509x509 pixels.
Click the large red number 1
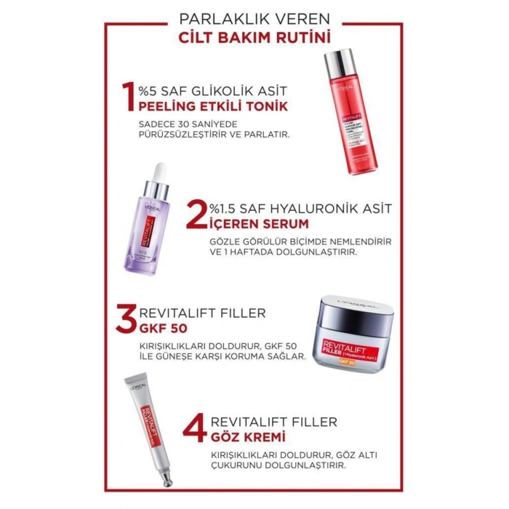point(127,99)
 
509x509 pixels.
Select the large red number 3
point(128,321)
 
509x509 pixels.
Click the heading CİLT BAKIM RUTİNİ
point(254,36)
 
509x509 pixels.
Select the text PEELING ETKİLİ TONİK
point(213,107)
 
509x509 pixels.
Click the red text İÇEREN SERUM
point(247,223)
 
